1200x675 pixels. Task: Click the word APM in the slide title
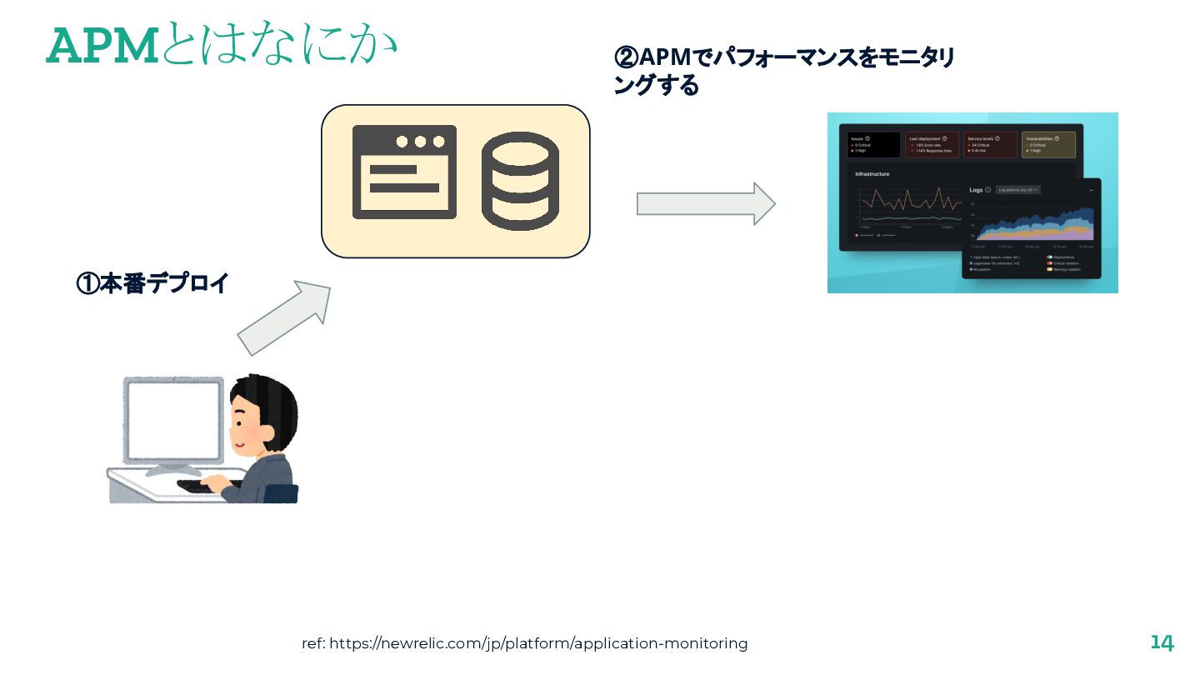102,47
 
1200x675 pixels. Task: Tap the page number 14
1162,642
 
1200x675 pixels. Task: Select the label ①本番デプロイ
152,283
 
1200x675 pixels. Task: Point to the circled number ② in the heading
626,58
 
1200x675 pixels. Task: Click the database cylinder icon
520,181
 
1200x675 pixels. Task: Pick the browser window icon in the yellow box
404,172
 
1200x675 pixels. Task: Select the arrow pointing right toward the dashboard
706,203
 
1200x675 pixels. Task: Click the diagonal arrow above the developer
284,317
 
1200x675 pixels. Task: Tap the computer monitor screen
174,421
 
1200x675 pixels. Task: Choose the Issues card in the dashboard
873,144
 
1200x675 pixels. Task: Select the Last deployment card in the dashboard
932,144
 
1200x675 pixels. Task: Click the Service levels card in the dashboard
990,144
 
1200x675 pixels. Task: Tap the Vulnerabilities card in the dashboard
1048,144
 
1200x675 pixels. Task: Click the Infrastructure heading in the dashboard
872,174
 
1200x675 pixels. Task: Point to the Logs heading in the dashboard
976,190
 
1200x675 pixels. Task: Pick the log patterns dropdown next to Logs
1017,190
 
